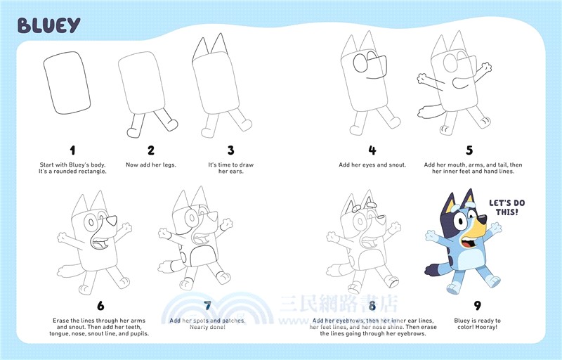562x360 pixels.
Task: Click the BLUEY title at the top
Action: pos(48,25)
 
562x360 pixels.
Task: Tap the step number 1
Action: pos(72,150)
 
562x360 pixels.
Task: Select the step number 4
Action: pos(372,150)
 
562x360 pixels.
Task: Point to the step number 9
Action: pos(477,305)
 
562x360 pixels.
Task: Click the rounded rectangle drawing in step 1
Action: pos(67,84)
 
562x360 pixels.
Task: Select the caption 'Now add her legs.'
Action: pos(151,165)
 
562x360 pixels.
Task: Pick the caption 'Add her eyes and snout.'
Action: pos(372,165)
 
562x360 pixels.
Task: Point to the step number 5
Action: pos(469,150)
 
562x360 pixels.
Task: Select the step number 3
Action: pos(230,150)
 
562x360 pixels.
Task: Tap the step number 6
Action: pos(100,305)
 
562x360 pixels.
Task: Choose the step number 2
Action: pos(150,150)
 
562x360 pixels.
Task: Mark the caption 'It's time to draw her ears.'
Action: pos(230,168)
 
